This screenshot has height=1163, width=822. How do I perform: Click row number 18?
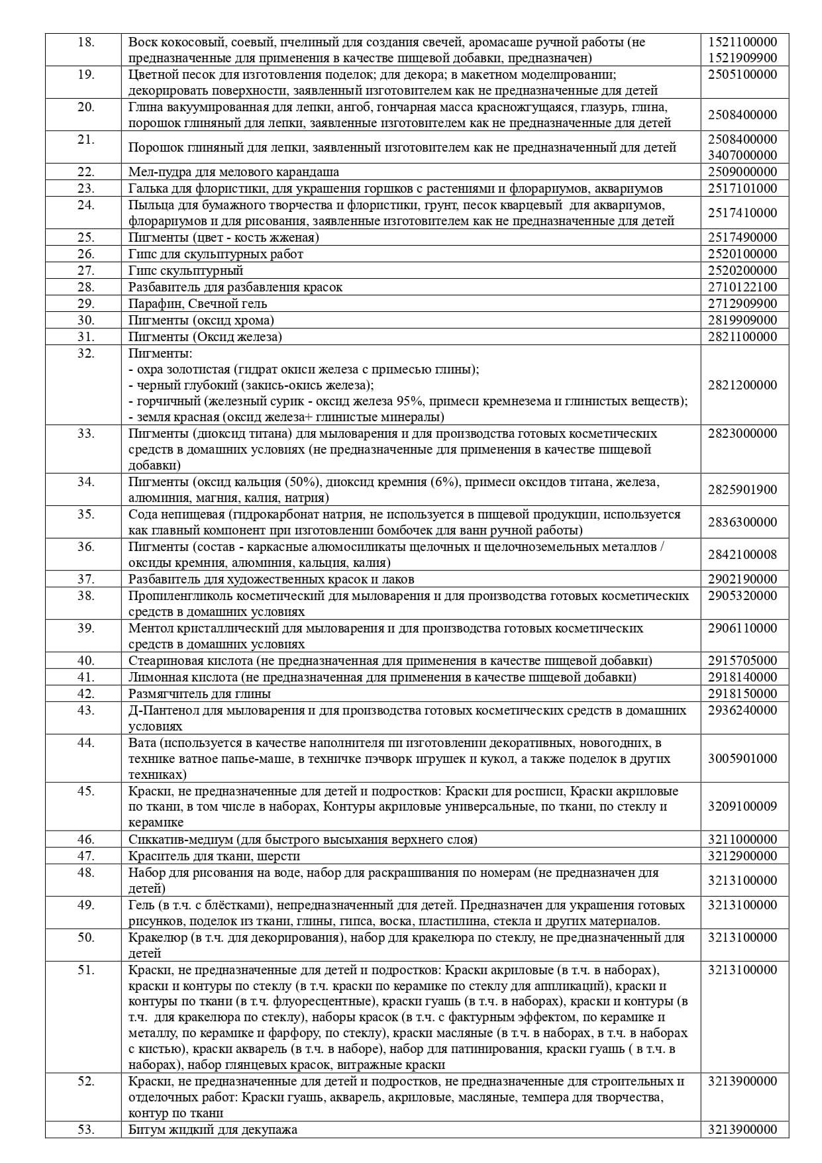click(x=86, y=42)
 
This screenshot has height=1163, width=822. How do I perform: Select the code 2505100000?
click(x=743, y=74)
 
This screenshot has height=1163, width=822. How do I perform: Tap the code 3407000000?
click(x=743, y=156)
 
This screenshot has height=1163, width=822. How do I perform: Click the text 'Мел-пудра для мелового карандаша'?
click(x=234, y=172)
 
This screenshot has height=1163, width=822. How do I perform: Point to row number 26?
click(x=86, y=254)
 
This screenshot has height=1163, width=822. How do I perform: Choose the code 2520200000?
click(x=743, y=270)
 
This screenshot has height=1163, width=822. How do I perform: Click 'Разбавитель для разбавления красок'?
click(x=235, y=287)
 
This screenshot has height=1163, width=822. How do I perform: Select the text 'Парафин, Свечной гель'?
click(x=198, y=303)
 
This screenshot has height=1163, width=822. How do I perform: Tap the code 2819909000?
click(x=743, y=320)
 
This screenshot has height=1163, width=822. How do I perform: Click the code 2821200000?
click(x=743, y=385)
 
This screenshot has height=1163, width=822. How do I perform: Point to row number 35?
click(x=86, y=514)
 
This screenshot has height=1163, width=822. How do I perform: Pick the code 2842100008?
click(x=743, y=554)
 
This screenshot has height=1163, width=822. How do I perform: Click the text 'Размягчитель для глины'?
click(x=199, y=693)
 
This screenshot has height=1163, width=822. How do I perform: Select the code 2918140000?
click(x=743, y=677)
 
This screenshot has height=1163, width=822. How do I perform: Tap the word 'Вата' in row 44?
click(x=142, y=742)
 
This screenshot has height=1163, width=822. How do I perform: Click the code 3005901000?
click(x=743, y=758)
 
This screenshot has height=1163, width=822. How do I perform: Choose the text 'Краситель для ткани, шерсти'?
click(x=214, y=856)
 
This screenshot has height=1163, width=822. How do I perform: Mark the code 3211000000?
click(x=743, y=839)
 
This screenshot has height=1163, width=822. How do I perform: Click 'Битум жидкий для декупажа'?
click(x=213, y=1130)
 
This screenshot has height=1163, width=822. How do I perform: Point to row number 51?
click(x=86, y=970)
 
